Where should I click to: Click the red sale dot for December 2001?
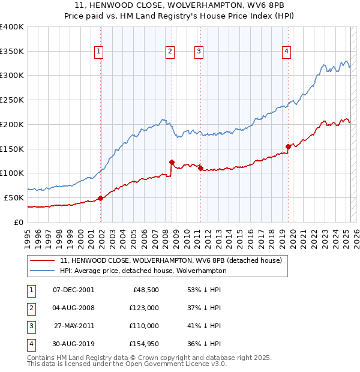click(x=101, y=198)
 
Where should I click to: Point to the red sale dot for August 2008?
click(x=172, y=161)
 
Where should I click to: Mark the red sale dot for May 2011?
click(x=200, y=168)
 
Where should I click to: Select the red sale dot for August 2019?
click(x=288, y=146)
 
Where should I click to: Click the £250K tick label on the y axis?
click(x=12, y=100)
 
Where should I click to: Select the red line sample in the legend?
click(x=43, y=261)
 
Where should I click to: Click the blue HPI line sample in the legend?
click(x=43, y=271)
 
